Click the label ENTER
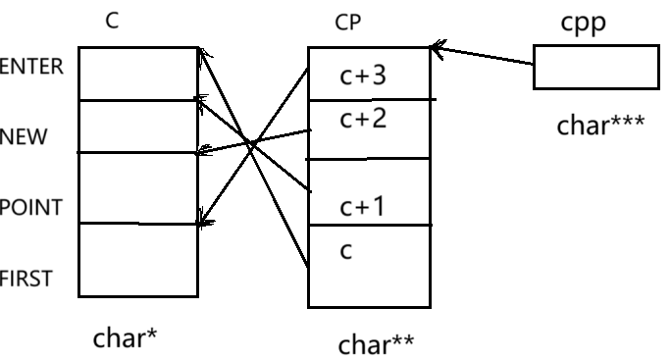(x=31, y=67)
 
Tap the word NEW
(x=24, y=136)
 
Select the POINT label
(x=31, y=208)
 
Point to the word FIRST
(x=26, y=280)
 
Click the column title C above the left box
(x=113, y=21)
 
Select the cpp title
(x=584, y=23)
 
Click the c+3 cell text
(x=363, y=76)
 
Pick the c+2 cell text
(x=363, y=120)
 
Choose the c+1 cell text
(x=363, y=207)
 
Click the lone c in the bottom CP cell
(x=345, y=251)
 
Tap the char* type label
(x=126, y=338)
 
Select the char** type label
(x=376, y=344)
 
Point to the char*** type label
(x=600, y=127)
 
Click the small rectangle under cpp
(x=595, y=67)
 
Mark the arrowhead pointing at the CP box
(x=436, y=47)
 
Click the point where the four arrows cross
(x=252, y=144)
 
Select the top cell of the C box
(x=137, y=74)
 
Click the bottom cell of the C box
(x=137, y=260)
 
